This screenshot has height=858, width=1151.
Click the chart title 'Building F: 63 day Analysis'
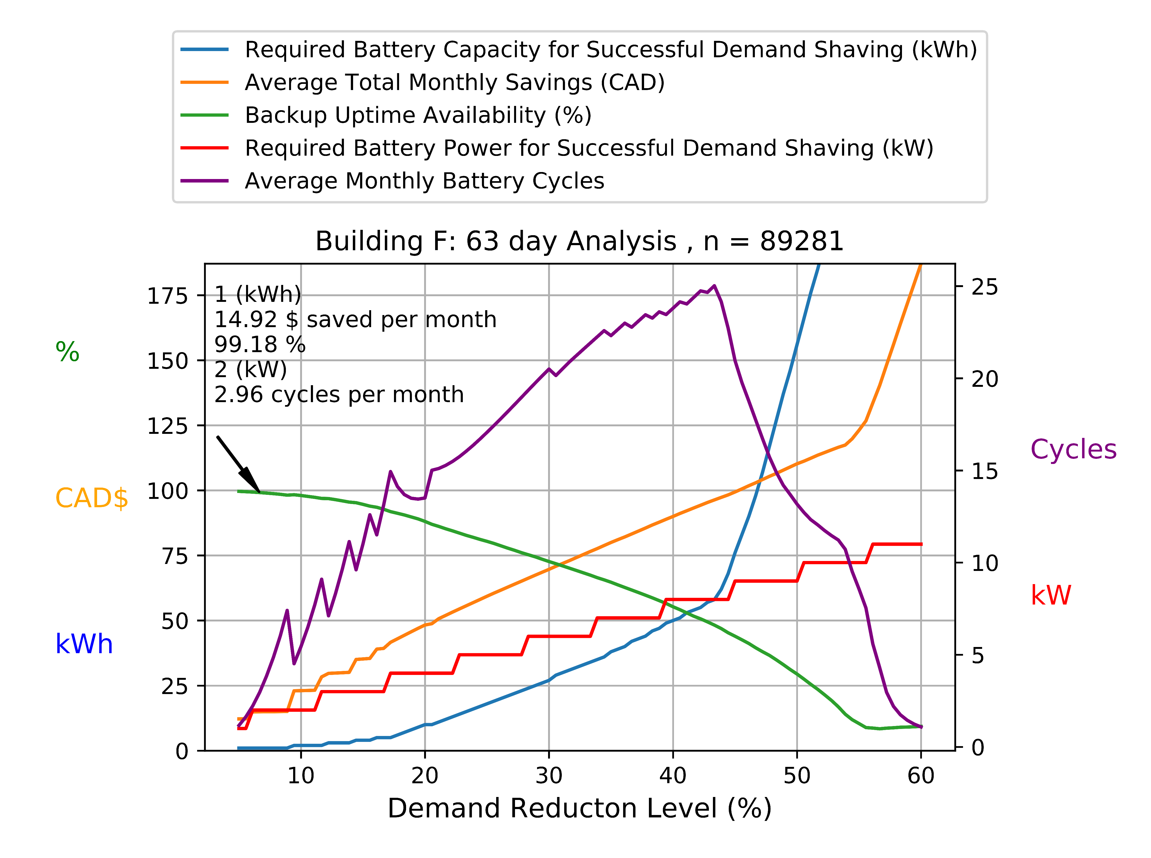(x=579, y=241)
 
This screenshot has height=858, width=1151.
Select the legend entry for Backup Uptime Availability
(x=418, y=115)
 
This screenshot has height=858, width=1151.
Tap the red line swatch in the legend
(x=204, y=148)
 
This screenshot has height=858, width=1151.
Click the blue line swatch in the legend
(x=204, y=50)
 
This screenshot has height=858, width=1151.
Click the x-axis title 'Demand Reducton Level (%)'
(x=579, y=809)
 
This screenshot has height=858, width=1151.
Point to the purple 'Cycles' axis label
(x=1073, y=449)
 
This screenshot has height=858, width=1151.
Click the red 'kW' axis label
(x=1050, y=595)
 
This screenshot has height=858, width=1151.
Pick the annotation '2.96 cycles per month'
(x=339, y=395)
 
